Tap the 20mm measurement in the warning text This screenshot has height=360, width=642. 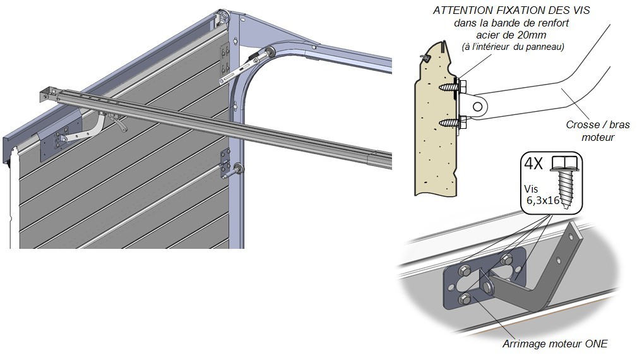point(534,35)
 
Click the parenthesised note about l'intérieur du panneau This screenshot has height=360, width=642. point(512,47)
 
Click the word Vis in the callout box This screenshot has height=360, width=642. point(532,188)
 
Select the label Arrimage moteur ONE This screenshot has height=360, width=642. point(555,344)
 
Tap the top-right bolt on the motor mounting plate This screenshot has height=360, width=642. point(506,259)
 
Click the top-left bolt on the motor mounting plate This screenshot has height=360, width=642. point(463,272)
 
